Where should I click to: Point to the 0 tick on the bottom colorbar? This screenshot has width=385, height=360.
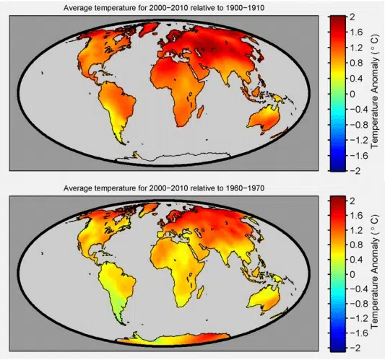coord(352,274)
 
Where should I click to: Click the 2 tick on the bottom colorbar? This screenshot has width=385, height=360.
coord(352,201)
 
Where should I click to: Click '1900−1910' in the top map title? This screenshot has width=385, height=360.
coord(245,8)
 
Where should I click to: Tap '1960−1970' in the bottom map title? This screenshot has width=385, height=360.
coord(245,188)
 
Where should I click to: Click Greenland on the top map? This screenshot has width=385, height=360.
coord(148,29)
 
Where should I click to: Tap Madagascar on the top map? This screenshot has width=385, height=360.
coord(201,112)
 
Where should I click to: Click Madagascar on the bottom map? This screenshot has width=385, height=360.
coord(201,292)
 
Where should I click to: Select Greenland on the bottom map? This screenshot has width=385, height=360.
coord(148,209)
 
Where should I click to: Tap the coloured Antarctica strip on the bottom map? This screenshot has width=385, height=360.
coord(172,339)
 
